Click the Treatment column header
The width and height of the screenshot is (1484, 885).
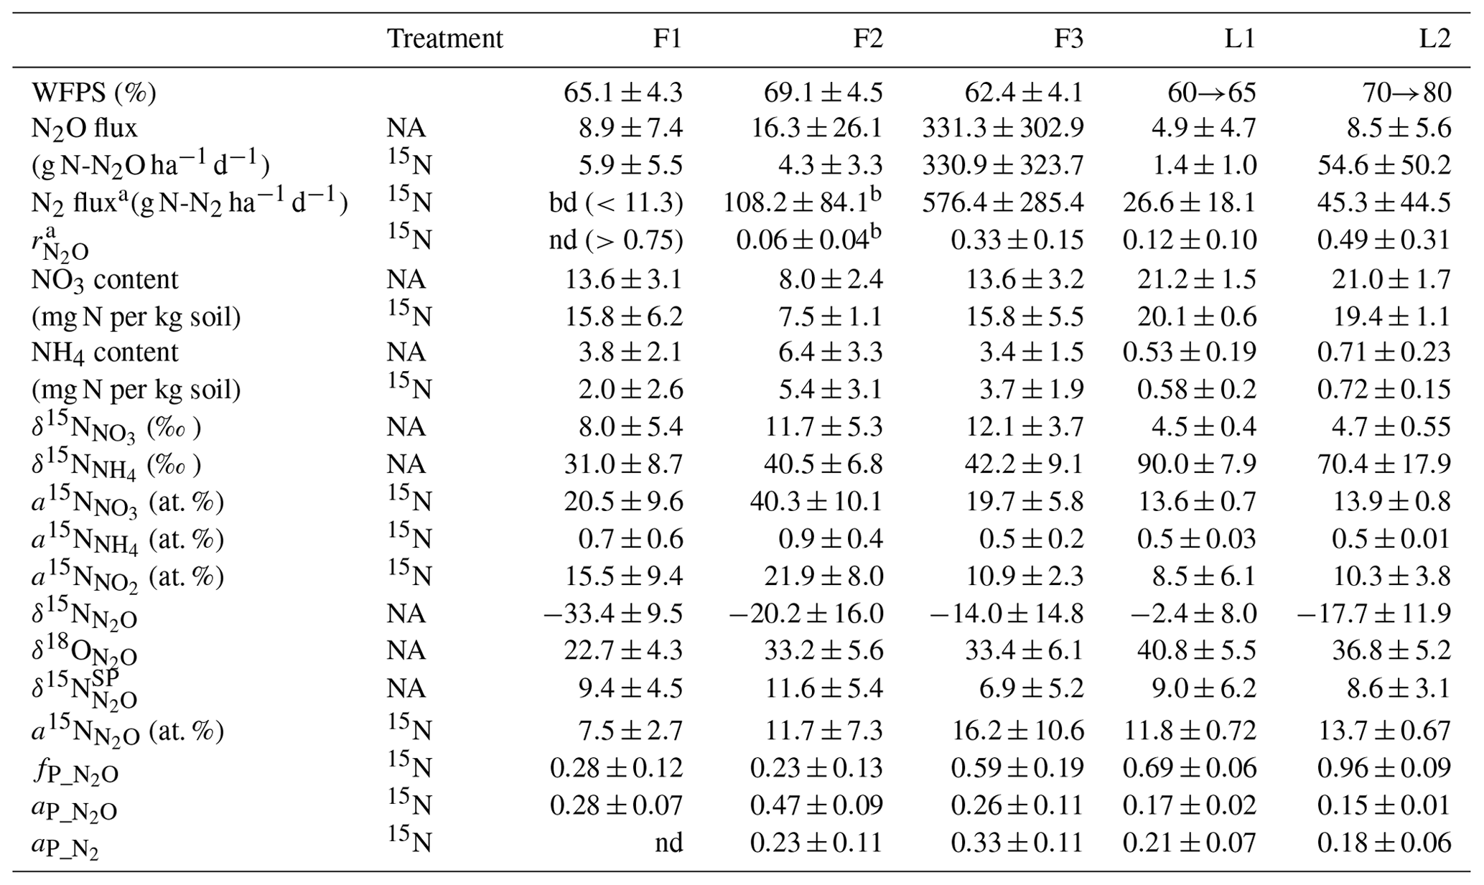click(444, 39)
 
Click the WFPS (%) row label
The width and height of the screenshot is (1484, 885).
click(94, 93)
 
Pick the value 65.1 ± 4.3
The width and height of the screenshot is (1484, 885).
click(622, 93)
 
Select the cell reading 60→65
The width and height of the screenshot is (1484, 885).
click(1212, 93)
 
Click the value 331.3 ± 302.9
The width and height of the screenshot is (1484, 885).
click(1003, 128)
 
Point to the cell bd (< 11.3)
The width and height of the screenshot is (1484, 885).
click(616, 203)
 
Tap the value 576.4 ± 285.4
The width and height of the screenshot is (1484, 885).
click(1003, 203)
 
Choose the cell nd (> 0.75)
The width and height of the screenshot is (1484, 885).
click(616, 240)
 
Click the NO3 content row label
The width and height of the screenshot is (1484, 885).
click(105, 279)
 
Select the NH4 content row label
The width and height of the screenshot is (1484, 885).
click(105, 352)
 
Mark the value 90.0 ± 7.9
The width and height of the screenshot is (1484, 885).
click(1197, 464)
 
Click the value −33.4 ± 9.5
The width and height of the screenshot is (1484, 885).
click(613, 614)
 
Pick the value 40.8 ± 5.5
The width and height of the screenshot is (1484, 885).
click(1197, 651)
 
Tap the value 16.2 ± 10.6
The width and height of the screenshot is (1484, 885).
click(1018, 731)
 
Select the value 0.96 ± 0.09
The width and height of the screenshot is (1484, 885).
click(1383, 769)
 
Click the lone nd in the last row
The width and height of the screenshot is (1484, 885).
click(668, 843)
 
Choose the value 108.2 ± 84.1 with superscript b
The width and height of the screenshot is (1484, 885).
click(802, 203)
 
